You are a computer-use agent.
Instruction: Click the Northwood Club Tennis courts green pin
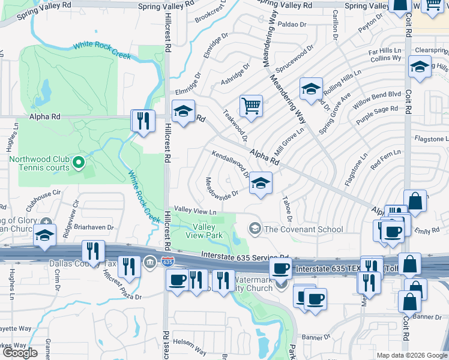coord(77,163)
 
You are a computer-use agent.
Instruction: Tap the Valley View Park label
coord(207,231)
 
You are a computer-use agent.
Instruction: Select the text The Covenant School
coord(304,229)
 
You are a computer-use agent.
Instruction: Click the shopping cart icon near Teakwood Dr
coord(251,106)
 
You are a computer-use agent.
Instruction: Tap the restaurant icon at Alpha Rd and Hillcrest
coord(142,121)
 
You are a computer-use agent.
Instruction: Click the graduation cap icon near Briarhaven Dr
coord(45,235)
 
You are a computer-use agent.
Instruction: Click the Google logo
coord(20,353)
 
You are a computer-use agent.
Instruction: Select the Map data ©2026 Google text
coord(411,355)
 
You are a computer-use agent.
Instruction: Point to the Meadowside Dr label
coord(221,188)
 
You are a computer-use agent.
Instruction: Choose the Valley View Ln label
coord(195,211)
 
